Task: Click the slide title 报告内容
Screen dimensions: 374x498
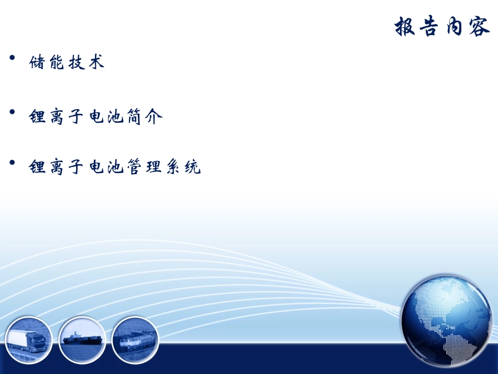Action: pyautogui.click(x=442, y=26)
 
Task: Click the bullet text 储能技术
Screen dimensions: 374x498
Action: pyautogui.click(x=67, y=62)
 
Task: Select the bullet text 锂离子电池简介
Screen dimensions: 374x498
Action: pyautogui.click(x=96, y=116)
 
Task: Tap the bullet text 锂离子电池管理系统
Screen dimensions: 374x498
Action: pyautogui.click(x=115, y=167)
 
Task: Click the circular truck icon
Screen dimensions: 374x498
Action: pyautogui.click(x=29, y=340)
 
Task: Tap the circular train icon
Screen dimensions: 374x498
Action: pyautogui.click(x=135, y=340)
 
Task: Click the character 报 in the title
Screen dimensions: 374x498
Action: pyautogui.click(x=406, y=26)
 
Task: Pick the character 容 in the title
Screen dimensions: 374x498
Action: pyautogui.click(x=480, y=26)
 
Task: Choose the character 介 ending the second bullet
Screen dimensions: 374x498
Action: pyautogui.click(x=154, y=116)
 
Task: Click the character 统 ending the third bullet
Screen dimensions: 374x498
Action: pyautogui.click(x=192, y=167)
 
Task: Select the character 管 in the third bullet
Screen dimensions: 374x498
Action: pyautogui.click(x=135, y=167)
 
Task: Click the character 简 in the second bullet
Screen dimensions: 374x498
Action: pyautogui.click(x=135, y=116)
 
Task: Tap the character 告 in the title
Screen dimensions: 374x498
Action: pyautogui.click(x=430, y=26)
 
